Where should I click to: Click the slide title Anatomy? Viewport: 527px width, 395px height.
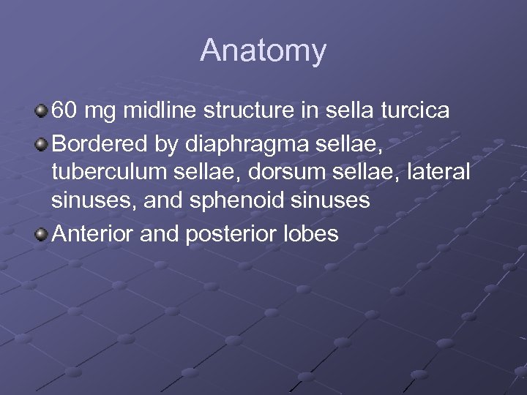pyautogui.click(x=263, y=51)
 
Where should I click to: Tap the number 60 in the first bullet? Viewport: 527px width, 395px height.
pyautogui.click(x=64, y=111)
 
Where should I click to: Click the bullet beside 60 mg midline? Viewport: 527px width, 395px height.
pyautogui.click(x=42, y=111)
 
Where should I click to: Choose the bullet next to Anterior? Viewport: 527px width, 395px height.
pyautogui.click(x=42, y=234)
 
